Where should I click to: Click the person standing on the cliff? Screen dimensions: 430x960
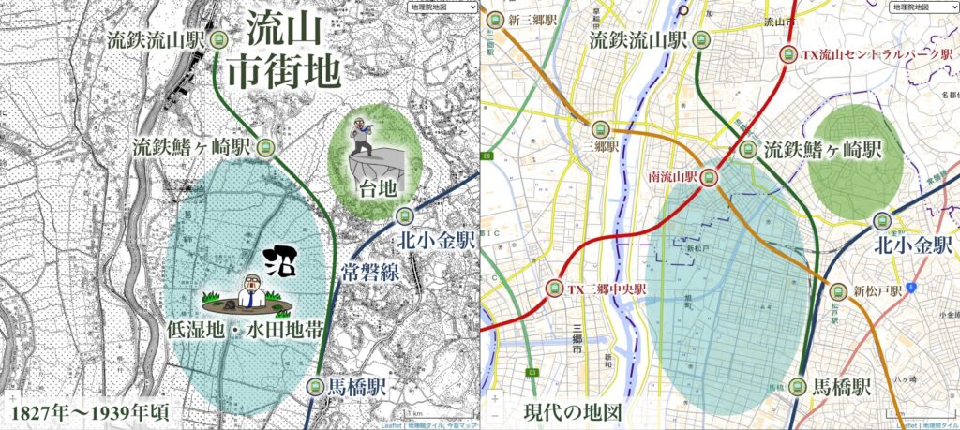click(x=361, y=140)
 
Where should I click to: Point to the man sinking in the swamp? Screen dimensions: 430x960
click(x=251, y=289)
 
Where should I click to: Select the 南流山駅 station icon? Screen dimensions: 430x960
click(x=710, y=176)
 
